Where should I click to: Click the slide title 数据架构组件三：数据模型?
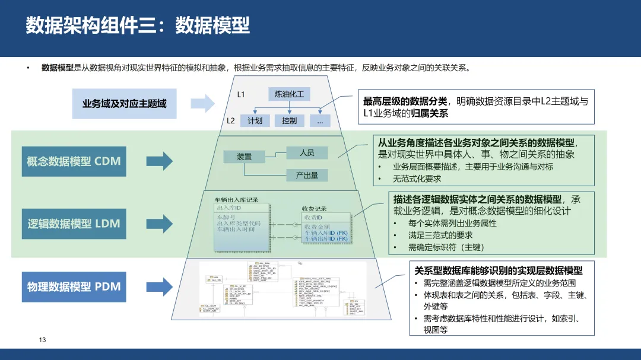coord(138,26)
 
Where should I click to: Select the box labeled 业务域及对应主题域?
coord(124,104)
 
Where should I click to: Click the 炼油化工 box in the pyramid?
coord(289,94)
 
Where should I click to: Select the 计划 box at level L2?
coord(255,120)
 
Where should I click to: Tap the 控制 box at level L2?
coord(289,120)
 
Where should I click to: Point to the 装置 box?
coord(244,157)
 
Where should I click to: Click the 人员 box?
coord(307,152)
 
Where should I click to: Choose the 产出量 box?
coord(307,175)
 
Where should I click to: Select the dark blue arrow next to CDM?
coord(159,161)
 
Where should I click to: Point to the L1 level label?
coord(241,94)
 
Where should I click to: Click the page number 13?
coord(42,340)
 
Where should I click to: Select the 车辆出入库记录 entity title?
coord(236,200)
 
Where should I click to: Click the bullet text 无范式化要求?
coord(417,178)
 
